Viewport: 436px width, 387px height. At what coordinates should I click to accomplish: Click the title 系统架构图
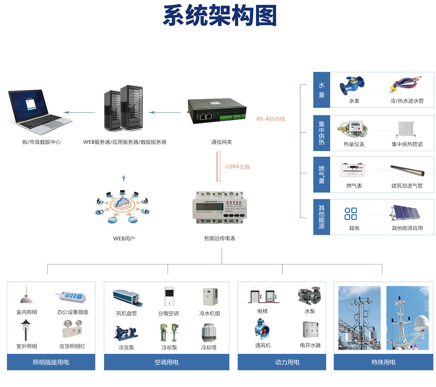[220, 16]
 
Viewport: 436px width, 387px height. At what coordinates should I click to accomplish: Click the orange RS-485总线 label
[270, 118]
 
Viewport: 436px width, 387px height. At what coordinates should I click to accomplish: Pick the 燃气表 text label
[354, 186]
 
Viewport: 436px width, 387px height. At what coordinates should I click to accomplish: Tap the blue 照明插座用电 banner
[51, 362]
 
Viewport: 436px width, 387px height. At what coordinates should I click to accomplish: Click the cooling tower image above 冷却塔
[209, 333]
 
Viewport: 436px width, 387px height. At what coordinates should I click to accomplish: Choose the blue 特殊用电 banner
[383, 362]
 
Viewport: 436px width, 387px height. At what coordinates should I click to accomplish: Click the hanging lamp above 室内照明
[27, 296]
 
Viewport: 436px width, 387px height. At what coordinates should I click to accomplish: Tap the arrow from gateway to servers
[164, 112]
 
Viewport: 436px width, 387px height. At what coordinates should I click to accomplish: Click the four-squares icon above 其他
[351, 214]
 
